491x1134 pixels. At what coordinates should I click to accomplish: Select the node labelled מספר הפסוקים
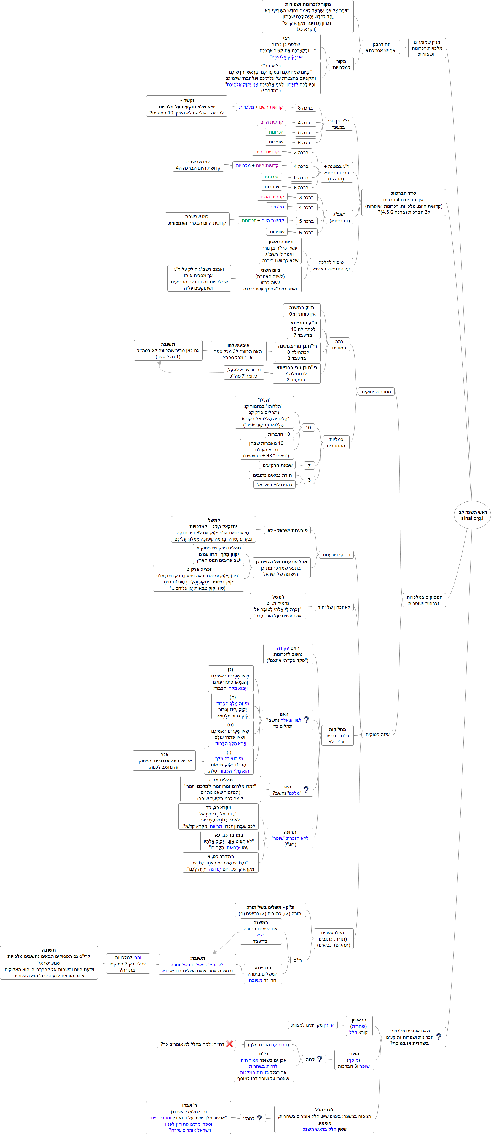[x=376, y=391]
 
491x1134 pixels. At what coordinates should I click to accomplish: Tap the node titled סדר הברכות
[x=403, y=202]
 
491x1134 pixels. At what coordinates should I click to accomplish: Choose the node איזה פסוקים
[x=377, y=734]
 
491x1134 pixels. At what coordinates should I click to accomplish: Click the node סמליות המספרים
[x=336, y=442]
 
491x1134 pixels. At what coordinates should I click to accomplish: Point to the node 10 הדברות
[x=278, y=434]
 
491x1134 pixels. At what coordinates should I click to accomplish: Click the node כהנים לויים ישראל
[x=274, y=485]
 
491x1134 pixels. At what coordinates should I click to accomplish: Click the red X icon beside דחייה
[x=229, y=1044]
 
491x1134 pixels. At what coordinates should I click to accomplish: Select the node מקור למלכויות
[x=341, y=64]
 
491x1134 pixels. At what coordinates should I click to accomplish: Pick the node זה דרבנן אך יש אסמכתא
[x=380, y=47]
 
